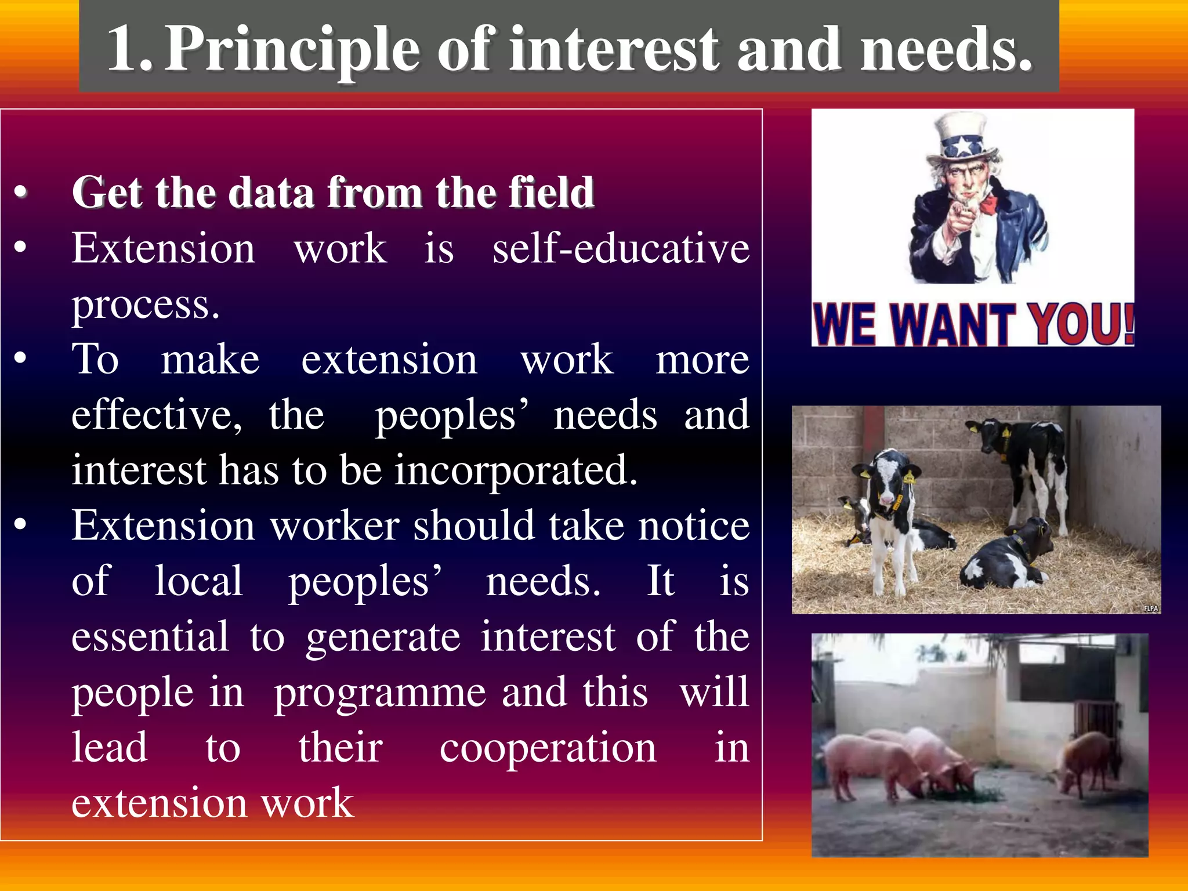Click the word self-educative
(x=621, y=248)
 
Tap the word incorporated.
(x=516, y=470)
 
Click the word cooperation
(x=548, y=748)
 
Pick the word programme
(x=380, y=694)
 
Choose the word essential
(x=150, y=637)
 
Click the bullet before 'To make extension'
(x=21, y=358)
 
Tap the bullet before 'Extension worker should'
(x=21, y=524)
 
